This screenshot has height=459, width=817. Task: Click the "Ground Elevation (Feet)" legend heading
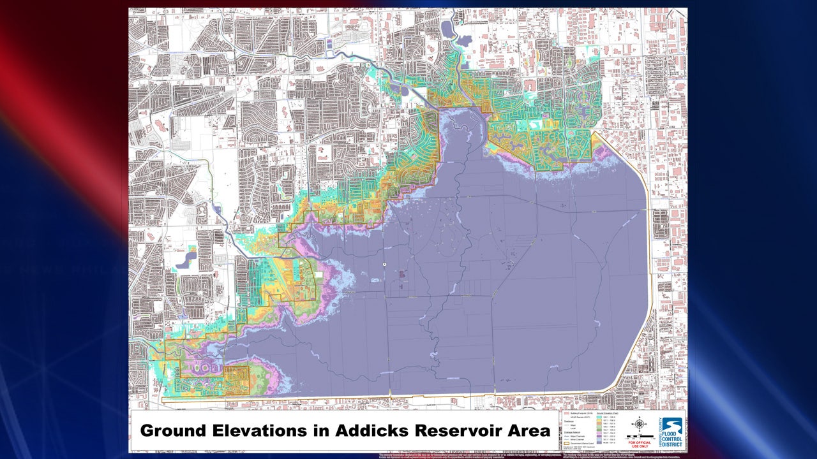608,413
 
